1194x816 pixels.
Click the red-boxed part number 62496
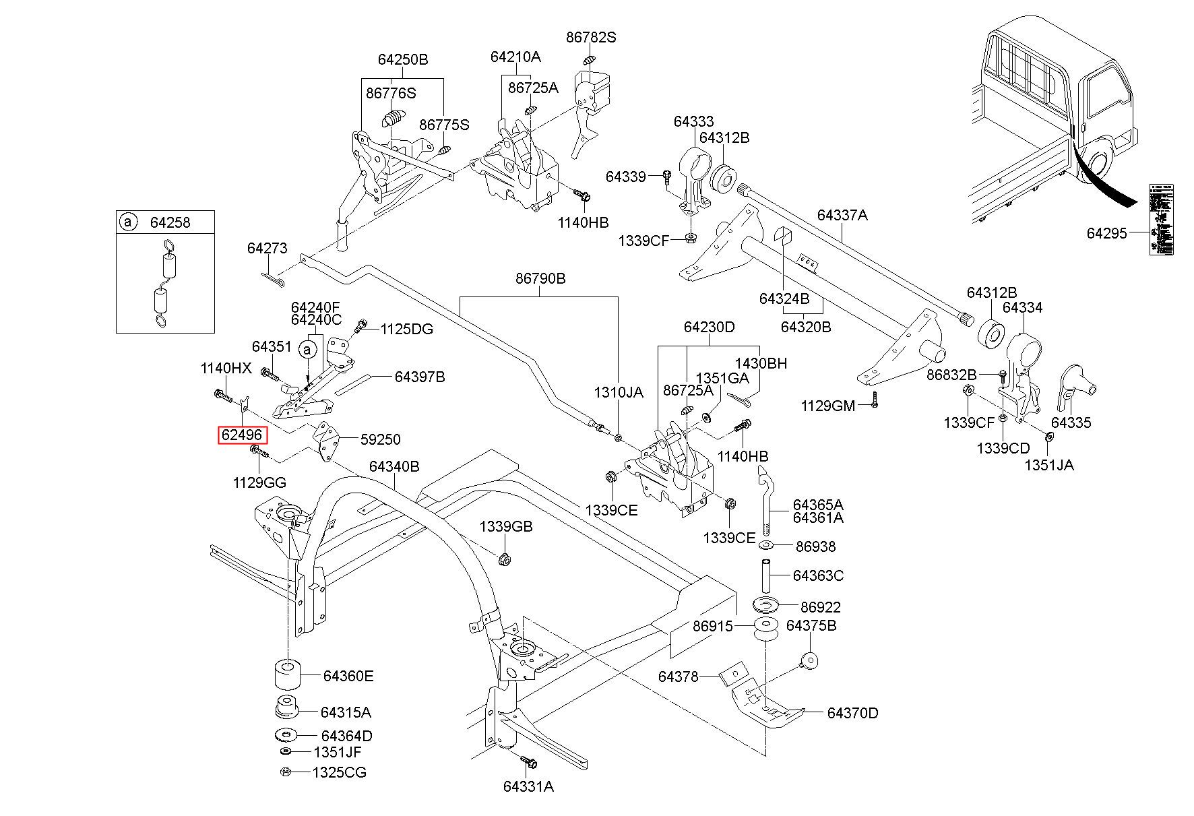coord(243,435)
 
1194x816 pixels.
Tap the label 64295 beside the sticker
coord(1106,233)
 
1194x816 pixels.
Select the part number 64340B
coord(394,466)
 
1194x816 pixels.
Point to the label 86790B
coord(540,278)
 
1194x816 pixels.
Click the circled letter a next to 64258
coord(127,222)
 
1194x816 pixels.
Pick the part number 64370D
coord(852,713)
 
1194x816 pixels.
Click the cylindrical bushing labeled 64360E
coord(286,675)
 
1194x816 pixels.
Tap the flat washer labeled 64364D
coord(287,735)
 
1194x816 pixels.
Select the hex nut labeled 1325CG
coord(285,772)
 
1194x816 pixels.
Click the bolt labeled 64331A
coord(528,763)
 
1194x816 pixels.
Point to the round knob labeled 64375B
coord(809,660)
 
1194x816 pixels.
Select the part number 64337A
coord(842,216)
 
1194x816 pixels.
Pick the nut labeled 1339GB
coord(504,559)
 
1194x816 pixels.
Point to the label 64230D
coord(709,327)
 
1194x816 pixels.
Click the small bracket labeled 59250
coord(327,441)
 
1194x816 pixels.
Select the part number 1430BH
coord(761,364)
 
